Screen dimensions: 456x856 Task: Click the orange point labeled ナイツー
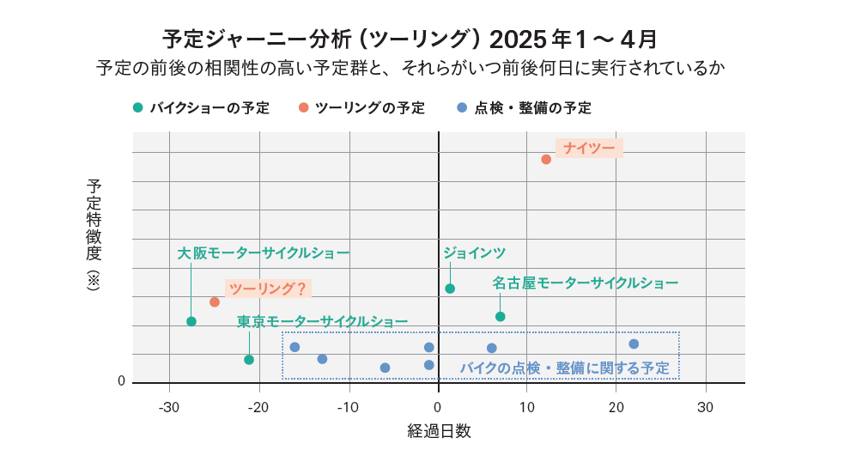[x=546, y=159]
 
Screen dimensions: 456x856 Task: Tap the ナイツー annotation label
[x=589, y=149]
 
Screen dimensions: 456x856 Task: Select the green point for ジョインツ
[x=450, y=289]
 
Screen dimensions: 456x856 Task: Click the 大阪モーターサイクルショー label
[x=263, y=253]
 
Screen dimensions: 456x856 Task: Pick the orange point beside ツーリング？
[x=215, y=302]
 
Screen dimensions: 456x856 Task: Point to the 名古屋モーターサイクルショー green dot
[x=501, y=317]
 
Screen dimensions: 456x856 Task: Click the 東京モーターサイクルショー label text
[x=322, y=322]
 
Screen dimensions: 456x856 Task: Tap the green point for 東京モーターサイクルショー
[x=249, y=360]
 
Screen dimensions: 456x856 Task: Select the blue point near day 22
[x=634, y=344]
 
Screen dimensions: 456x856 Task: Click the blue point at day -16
[x=294, y=347]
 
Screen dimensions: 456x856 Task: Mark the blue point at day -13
[x=322, y=359]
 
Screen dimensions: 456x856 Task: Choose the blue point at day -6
[x=385, y=368]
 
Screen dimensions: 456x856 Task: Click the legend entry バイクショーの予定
[x=202, y=108]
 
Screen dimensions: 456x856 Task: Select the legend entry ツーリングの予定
[x=362, y=108]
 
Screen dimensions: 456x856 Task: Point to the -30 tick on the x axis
[x=169, y=406]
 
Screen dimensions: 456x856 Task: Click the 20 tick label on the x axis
[x=616, y=406]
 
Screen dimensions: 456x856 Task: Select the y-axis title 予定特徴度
[x=94, y=220]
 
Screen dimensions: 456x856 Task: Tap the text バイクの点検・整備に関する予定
[x=564, y=368]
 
